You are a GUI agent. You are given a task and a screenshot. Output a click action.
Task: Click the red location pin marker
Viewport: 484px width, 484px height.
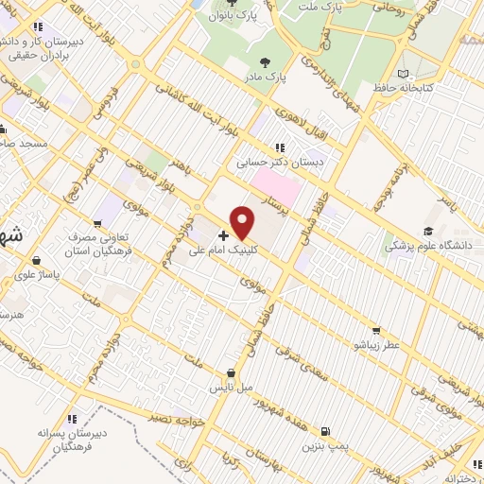pos(244,223)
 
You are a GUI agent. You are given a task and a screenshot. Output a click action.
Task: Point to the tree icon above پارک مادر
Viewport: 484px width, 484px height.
pos(276,60)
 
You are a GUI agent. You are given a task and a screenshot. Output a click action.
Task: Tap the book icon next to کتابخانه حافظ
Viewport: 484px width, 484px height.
pos(404,74)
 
